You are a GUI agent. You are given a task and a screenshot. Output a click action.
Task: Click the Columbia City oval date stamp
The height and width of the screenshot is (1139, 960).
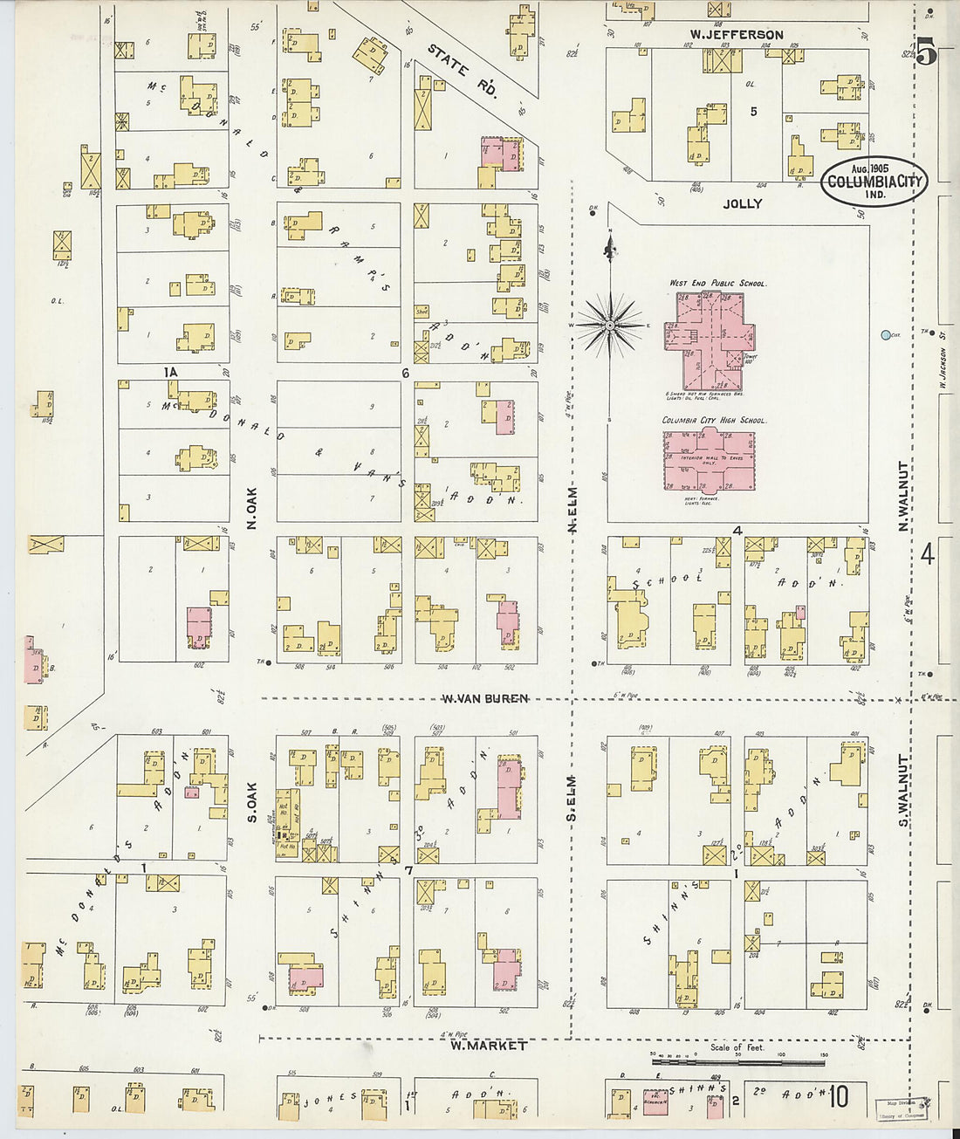(873, 182)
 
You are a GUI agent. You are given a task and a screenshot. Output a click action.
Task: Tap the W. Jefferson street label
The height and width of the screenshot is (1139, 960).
(736, 35)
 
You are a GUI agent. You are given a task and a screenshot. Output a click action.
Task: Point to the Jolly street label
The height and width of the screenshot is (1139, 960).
(742, 203)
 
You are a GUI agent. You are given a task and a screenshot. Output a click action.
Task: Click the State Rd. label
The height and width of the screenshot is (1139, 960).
(462, 70)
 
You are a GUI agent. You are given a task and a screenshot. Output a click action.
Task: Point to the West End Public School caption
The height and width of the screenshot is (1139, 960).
(717, 284)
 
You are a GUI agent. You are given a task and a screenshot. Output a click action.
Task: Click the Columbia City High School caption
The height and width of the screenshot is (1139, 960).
(714, 420)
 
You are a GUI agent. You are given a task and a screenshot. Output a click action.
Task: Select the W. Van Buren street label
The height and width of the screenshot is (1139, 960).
(484, 698)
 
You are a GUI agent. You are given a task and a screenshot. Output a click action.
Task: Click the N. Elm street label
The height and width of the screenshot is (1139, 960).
(573, 510)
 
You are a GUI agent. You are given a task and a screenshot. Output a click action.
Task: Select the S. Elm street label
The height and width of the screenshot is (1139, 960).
(573, 798)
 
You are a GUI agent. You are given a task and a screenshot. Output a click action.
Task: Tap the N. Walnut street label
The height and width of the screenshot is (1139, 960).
(904, 495)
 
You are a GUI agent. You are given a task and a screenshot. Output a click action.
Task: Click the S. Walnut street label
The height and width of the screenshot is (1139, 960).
(904, 791)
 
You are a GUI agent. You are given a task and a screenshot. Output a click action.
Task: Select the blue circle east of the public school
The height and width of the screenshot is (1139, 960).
(886, 334)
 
